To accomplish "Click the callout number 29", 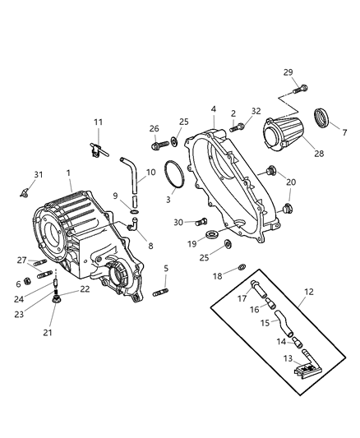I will tap(288, 72).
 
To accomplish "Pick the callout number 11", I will tap(98, 122).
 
